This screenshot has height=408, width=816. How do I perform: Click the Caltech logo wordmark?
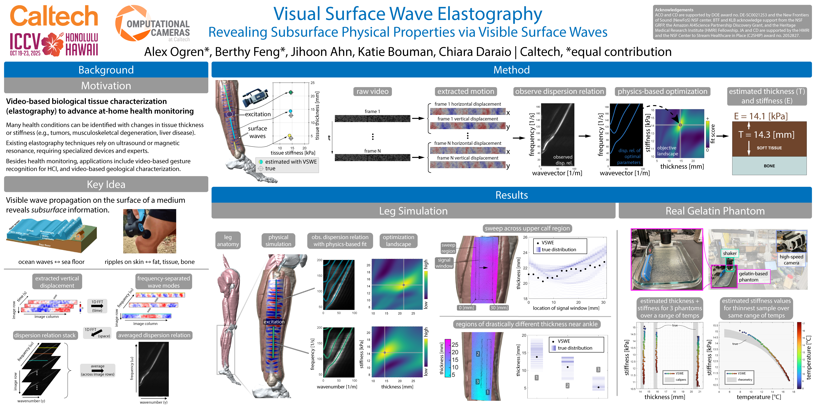coord(54,16)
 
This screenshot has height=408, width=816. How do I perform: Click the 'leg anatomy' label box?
coord(228,241)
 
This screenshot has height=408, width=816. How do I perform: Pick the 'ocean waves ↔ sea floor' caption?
coord(51,262)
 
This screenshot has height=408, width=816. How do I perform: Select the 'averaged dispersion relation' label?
coord(154,335)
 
